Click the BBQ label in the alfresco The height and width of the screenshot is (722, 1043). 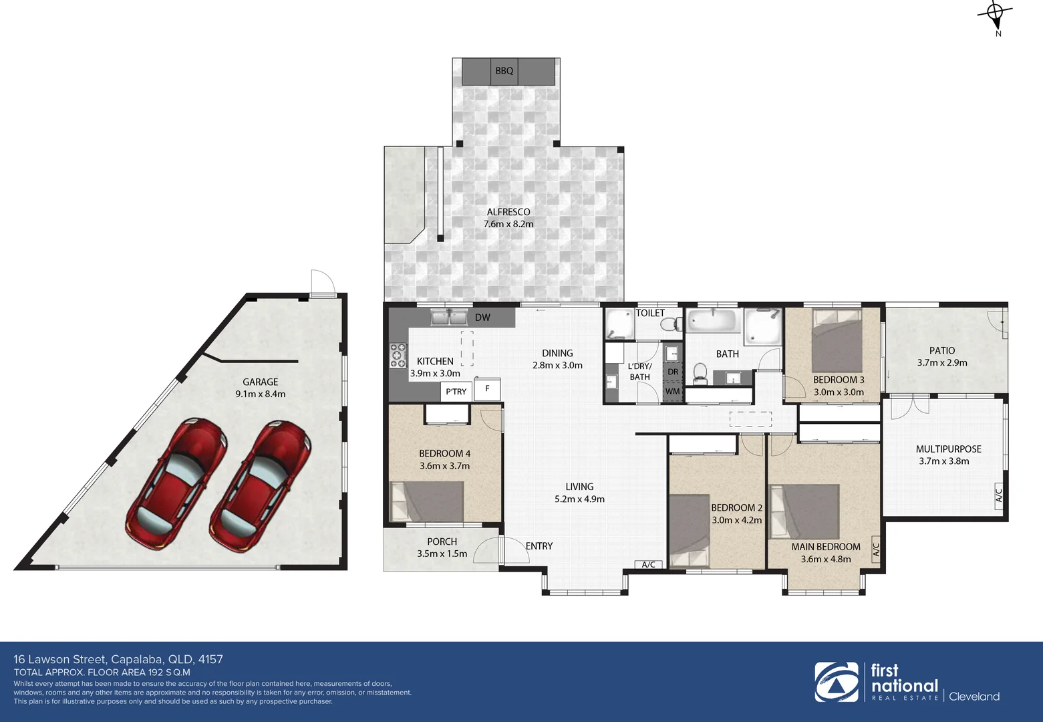[504, 71]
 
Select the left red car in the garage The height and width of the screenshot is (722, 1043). [176, 475]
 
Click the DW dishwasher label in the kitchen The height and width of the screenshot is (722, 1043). [482, 318]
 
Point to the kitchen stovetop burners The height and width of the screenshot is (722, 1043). [398, 355]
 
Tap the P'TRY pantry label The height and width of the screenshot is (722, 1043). [456, 392]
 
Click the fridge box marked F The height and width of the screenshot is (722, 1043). [488, 388]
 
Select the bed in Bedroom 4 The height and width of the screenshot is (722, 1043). [427, 501]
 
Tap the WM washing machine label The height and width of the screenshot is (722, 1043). [672, 391]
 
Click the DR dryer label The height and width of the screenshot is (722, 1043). [672, 372]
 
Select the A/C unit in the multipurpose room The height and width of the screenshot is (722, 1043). [999, 495]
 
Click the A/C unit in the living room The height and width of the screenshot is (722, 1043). [647, 565]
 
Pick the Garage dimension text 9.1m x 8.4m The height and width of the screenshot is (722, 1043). [261, 394]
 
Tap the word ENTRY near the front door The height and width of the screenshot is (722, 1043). [539, 546]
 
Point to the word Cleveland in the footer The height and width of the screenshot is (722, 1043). [975, 697]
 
